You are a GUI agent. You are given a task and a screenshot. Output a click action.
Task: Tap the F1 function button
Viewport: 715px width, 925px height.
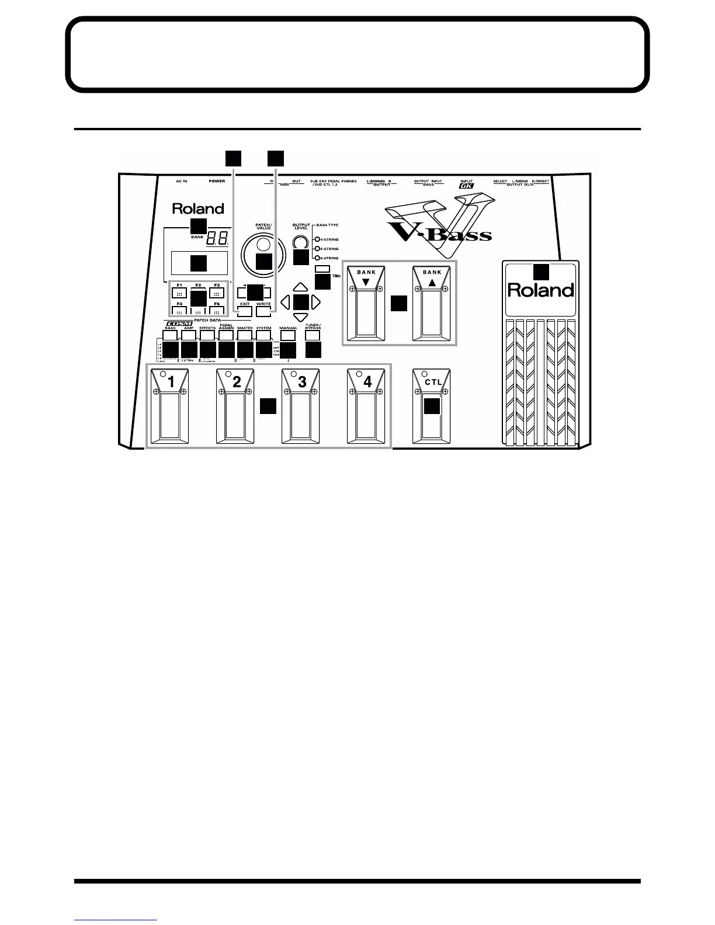[180, 294]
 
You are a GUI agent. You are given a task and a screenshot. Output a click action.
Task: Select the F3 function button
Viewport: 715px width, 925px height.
[217, 294]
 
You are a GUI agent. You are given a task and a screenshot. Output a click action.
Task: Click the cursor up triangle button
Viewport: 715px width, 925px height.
[300, 287]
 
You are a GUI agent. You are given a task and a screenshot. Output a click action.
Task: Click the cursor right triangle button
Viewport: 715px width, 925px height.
[316, 302]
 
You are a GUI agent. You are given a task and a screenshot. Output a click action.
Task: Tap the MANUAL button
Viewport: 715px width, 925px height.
[288, 336]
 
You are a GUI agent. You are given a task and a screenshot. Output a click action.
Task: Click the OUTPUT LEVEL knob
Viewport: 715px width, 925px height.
[300, 242]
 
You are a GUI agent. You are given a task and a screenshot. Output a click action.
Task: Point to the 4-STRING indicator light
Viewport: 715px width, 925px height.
[317, 239]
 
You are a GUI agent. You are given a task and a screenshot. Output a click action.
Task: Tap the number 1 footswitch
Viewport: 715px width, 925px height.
[171, 406]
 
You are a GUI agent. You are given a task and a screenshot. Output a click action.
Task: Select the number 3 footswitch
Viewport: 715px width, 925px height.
[301, 406]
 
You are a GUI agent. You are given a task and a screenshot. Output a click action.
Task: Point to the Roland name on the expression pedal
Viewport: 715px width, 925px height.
[540, 290]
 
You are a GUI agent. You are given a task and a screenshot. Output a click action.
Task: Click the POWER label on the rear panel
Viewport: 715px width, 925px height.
[217, 182]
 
